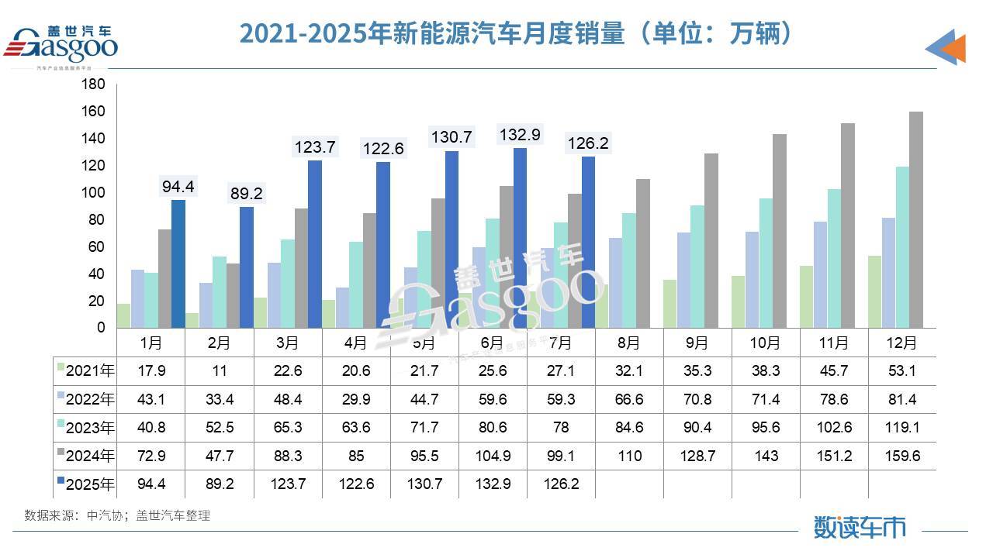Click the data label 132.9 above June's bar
pos(519,135)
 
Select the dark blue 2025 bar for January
pos(178,263)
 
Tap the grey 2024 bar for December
pos(915,219)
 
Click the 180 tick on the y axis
pos(94,84)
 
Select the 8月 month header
pos(628,343)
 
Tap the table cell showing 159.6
pos(902,456)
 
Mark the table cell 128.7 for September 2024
pos(697,456)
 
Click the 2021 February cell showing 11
pos(220,371)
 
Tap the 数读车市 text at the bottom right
pos(859,527)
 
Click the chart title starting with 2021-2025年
pos(516,33)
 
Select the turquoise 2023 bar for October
pos(766,263)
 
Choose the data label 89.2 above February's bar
pos(245,194)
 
